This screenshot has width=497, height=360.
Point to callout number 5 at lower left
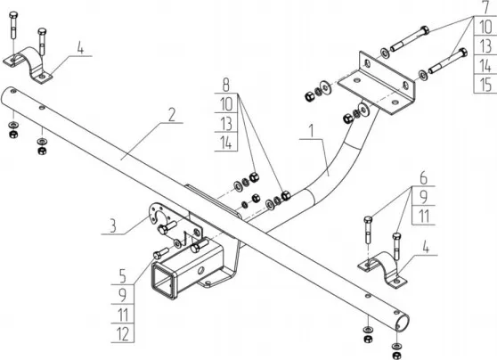[121, 273]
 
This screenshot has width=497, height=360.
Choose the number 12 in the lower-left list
[121, 335]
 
